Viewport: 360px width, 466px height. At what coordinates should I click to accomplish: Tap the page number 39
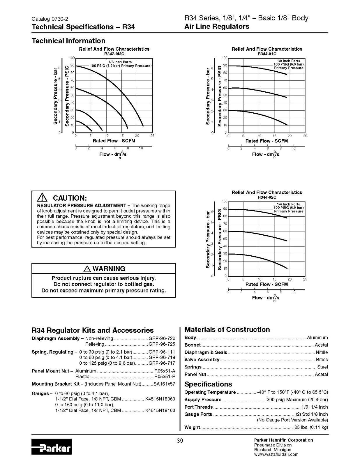[180, 441]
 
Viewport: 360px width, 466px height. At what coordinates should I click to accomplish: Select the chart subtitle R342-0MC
[114, 54]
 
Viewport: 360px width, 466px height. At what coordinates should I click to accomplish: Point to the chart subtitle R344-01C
[267, 54]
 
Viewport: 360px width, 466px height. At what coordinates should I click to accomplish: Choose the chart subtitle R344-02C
[267, 197]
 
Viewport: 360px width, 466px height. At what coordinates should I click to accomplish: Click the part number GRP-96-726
[162, 338]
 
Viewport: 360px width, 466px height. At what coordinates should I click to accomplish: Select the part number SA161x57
[164, 384]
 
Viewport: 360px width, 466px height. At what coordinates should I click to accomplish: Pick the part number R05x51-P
[165, 376]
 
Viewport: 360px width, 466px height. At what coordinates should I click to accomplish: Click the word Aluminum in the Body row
[317, 338]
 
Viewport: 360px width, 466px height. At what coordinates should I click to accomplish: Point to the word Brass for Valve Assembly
[322, 360]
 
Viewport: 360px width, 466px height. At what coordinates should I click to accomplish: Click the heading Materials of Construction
[227, 330]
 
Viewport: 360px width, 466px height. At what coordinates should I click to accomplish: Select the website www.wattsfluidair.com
[276, 454]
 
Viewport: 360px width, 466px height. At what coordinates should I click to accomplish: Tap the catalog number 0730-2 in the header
[60, 19]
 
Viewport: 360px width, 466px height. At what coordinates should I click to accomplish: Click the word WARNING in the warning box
[109, 269]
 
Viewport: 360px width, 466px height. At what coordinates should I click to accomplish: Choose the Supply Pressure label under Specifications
[203, 400]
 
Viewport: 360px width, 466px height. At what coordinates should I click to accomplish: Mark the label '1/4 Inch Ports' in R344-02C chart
[288, 204]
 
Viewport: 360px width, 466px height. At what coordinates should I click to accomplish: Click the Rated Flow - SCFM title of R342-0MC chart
[114, 141]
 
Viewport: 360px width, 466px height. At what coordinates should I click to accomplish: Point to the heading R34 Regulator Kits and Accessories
[93, 330]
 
